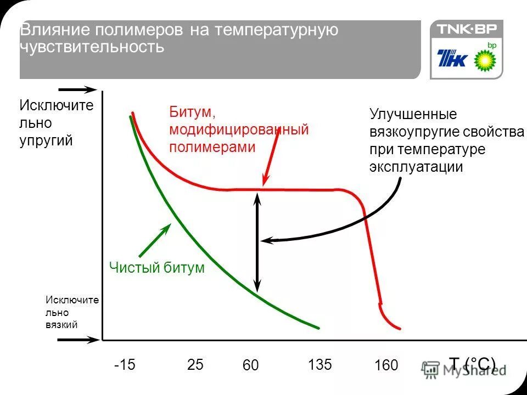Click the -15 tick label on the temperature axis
point(125,364)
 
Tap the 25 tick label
point(195,364)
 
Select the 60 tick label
point(250,365)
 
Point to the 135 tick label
point(319,364)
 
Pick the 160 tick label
point(386,365)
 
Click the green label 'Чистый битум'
point(156,268)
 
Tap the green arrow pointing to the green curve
point(155,240)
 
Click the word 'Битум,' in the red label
point(192,112)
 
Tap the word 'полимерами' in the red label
point(212,147)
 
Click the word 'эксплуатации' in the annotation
point(416,167)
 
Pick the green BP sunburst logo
point(485,58)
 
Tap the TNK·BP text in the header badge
point(466,29)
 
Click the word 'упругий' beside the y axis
point(46,140)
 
